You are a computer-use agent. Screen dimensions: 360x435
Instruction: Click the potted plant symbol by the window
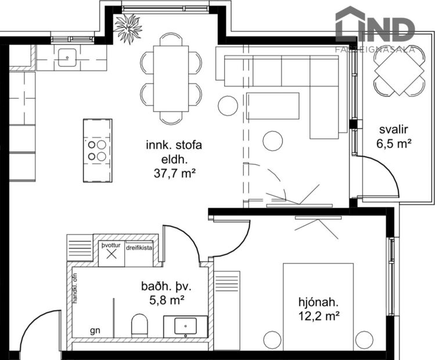[x=128, y=27]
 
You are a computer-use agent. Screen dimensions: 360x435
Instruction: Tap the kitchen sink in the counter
[x=67, y=57]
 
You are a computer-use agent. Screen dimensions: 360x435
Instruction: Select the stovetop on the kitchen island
[x=98, y=150]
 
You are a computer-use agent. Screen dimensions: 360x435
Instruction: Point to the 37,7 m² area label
[x=174, y=172]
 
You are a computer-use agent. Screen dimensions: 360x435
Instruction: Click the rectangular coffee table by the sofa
[x=272, y=105]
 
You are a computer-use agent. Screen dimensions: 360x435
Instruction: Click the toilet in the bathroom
[x=140, y=326]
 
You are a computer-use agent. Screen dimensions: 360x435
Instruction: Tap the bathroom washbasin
[x=185, y=326]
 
